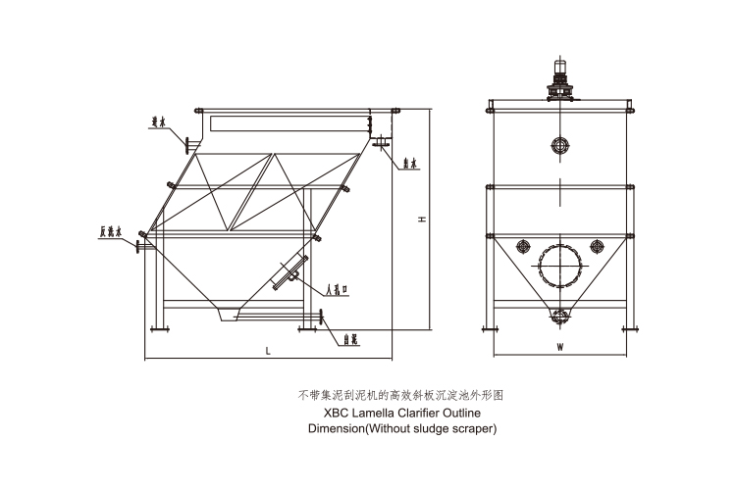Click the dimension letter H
(421, 221)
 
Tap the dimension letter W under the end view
(558, 347)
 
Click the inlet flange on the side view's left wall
(184, 144)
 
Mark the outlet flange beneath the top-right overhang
(376, 146)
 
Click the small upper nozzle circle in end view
(560, 146)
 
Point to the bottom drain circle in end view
(560, 316)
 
